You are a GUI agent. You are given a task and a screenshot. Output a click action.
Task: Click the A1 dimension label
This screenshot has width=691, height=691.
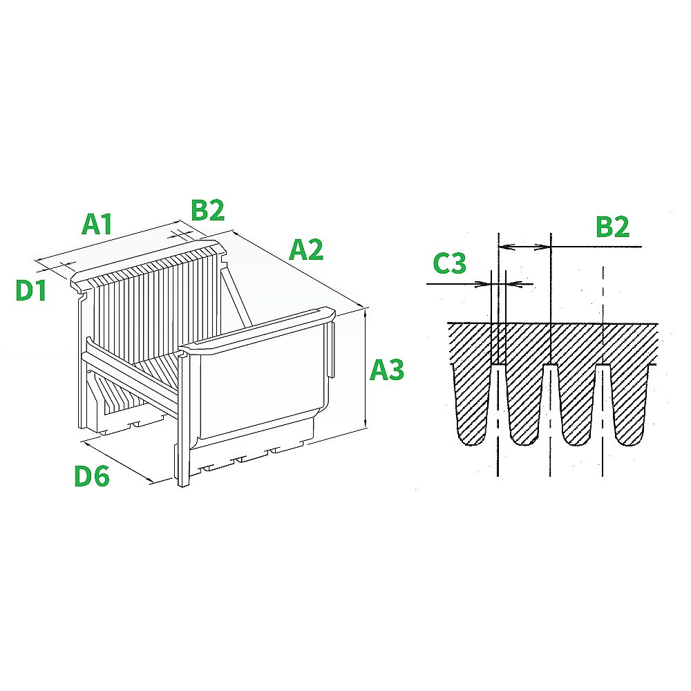(97, 224)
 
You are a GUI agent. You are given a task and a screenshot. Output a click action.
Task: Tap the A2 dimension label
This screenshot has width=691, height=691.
(306, 249)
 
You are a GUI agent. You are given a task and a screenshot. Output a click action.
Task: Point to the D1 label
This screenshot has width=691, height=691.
(31, 290)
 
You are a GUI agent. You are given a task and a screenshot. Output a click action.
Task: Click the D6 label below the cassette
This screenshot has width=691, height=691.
(92, 476)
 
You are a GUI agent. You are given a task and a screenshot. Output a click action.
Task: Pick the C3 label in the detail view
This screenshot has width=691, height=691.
(450, 263)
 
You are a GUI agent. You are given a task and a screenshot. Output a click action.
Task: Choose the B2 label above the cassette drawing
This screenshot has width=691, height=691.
(207, 210)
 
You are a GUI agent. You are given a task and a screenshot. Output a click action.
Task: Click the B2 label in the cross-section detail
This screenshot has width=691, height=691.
(612, 227)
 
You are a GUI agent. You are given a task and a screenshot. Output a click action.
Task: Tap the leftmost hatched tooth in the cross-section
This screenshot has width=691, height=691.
(471, 404)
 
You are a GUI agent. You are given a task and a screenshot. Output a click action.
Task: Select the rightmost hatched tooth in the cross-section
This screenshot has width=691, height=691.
(630, 404)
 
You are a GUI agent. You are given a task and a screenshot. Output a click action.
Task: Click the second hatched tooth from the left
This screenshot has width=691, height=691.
(524, 404)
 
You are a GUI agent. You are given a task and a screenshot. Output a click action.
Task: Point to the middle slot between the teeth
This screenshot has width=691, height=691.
(551, 397)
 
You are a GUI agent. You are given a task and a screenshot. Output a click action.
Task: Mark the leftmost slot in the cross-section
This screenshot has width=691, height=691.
(498, 397)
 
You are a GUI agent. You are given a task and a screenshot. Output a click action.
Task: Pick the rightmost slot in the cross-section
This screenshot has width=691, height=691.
(603, 397)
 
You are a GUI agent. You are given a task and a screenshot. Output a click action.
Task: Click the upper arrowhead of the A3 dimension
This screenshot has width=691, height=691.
(366, 311)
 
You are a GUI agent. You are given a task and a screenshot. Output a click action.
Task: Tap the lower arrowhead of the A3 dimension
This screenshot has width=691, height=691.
(366, 424)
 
